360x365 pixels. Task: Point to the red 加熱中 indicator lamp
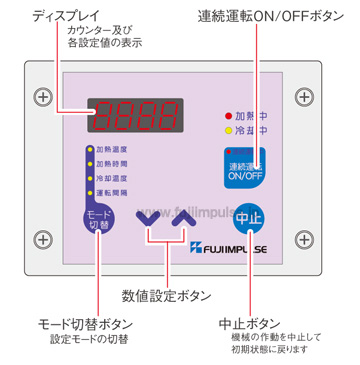click(229, 116)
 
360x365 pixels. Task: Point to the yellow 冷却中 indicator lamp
click(229, 130)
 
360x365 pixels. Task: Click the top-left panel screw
click(42, 97)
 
